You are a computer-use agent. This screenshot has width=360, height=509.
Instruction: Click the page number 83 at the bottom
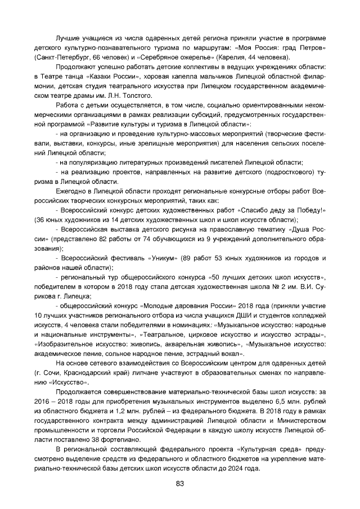pos(180,484)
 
